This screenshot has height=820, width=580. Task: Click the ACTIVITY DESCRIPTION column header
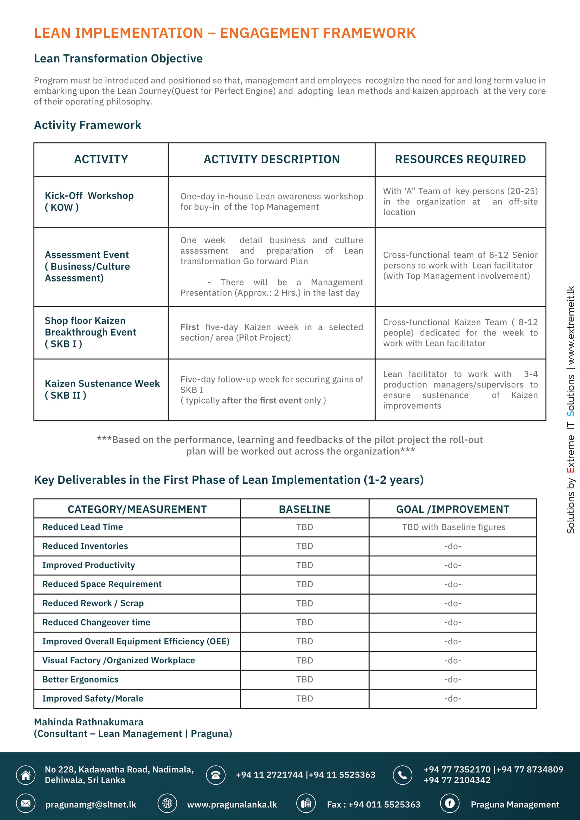click(x=271, y=159)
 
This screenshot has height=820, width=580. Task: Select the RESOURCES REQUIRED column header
click(x=460, y=159)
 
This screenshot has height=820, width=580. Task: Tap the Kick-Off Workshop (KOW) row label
click(x=89, y=202)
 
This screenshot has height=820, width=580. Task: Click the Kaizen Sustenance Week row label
click(x=102, y=389)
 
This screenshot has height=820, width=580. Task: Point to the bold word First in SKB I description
click(x=190, y=327)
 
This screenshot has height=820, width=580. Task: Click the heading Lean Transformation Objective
click(x=118, y=59)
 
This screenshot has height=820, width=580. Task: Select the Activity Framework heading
click(x=88, y=125)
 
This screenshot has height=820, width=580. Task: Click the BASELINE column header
click(x=304, y=509)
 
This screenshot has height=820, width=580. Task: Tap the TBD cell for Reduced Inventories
click(x=304, y=546)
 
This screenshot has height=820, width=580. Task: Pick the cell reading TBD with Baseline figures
click(x=453, y=527)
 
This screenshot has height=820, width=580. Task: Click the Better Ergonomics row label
click(x=80, y=679)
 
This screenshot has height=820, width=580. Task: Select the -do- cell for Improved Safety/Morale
click(x=452, y=698)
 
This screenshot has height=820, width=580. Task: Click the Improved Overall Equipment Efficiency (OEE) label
click(x=136, y=642)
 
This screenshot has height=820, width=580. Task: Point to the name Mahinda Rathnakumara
click(x=89, y=722)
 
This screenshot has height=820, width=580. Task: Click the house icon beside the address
click(x=26, y=775)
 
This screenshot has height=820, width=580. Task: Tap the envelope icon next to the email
click(x=26, y=804)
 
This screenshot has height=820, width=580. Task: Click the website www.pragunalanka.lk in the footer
click(x=232, y=804)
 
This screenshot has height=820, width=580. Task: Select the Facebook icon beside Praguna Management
click(x=449, y=804)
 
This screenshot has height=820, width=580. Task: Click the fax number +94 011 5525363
click(x=384, y=804)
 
